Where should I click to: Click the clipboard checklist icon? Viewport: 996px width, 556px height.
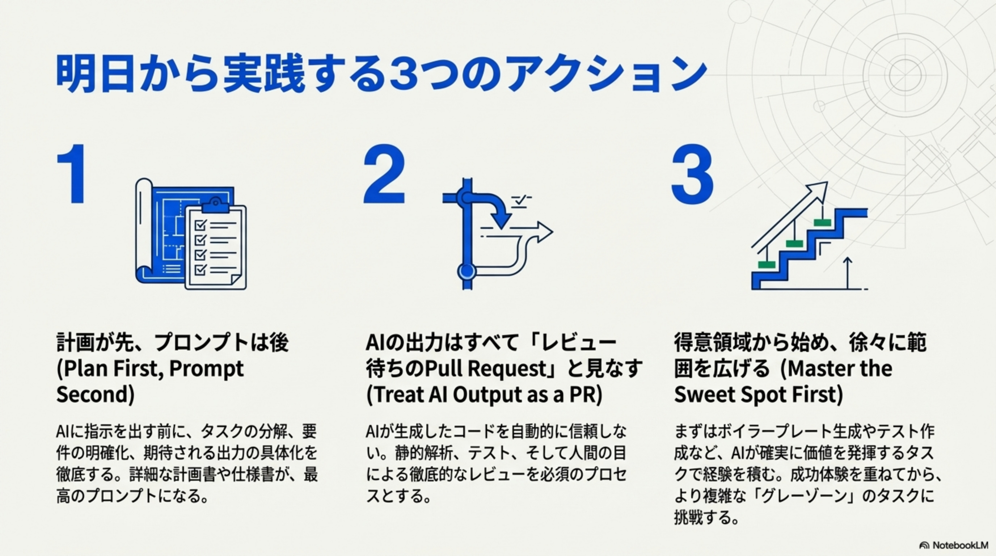[x=215, y=248]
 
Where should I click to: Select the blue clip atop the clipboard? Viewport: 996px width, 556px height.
[x=215, y=205]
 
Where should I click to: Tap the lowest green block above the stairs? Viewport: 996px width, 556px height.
[x=766, y=265]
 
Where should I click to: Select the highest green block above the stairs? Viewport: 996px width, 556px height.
[x=822, y=222]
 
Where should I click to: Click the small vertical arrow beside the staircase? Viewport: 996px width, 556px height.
[x=847, y=272]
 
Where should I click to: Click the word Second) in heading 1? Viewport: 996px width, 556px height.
[x=96, y=395]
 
